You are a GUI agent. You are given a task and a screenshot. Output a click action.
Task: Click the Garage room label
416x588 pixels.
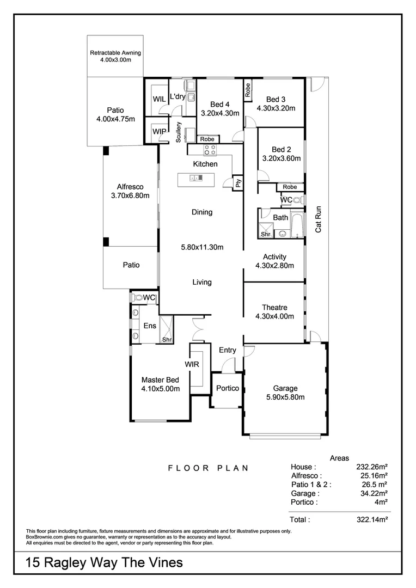285,388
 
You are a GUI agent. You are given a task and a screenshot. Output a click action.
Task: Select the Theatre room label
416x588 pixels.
274,308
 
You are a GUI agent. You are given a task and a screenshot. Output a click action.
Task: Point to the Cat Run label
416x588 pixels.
319,219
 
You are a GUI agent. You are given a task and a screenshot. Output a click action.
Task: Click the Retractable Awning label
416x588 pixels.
115,53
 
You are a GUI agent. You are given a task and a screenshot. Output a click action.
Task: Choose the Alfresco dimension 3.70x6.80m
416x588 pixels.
130,195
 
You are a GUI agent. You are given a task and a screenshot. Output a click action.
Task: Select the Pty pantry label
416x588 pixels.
238,183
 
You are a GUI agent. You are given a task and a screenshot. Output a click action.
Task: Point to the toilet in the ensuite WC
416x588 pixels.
137,298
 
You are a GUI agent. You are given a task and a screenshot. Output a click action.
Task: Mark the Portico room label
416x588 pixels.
227,388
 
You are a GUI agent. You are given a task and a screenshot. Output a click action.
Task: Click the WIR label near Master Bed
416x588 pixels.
192,364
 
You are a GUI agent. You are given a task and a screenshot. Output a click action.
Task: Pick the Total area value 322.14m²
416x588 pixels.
369,520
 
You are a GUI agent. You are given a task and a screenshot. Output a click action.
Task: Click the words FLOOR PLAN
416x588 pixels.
208,468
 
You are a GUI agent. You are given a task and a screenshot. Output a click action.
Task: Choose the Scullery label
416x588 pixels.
179,132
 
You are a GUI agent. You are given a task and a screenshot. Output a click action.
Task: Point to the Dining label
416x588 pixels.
201,212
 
